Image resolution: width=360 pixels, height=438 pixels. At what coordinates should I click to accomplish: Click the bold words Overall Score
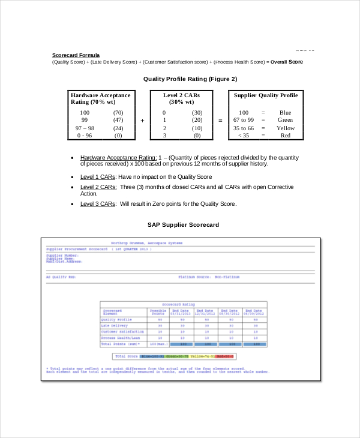pos(287,62)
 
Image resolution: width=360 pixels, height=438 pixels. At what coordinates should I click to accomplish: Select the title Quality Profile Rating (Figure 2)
pos(190,79)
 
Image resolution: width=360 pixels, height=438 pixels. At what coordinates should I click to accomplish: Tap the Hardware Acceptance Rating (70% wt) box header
pos(100,99)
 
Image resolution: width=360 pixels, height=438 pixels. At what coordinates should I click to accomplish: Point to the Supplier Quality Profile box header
pos(265,95)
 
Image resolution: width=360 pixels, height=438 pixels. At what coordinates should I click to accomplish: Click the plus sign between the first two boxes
pos(142,121)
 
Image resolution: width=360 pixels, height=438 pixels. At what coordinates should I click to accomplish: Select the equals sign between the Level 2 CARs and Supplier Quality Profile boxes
pos(220,121)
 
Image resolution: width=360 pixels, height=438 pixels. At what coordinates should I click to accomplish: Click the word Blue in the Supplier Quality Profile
pos(285,113)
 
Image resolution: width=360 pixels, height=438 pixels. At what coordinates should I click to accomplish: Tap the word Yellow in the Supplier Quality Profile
pos(286,128)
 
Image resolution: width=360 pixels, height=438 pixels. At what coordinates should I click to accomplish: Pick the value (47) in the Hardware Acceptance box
pos(118,121)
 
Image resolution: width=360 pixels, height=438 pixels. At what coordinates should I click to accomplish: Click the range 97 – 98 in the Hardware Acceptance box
pos(85,128)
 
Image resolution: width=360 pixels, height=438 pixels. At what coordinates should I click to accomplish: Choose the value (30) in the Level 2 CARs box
pos(197,113)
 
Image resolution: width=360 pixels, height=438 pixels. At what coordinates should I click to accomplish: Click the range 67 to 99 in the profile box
pos(244,121)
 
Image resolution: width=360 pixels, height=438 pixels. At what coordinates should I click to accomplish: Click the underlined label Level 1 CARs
pos(98,177)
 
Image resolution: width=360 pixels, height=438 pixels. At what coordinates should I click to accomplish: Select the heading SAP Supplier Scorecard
pos(183,225)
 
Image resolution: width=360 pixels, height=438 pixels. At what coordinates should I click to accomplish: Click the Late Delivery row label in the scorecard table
pos(115,326)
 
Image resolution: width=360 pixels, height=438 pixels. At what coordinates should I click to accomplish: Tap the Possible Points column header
pos(158,312)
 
